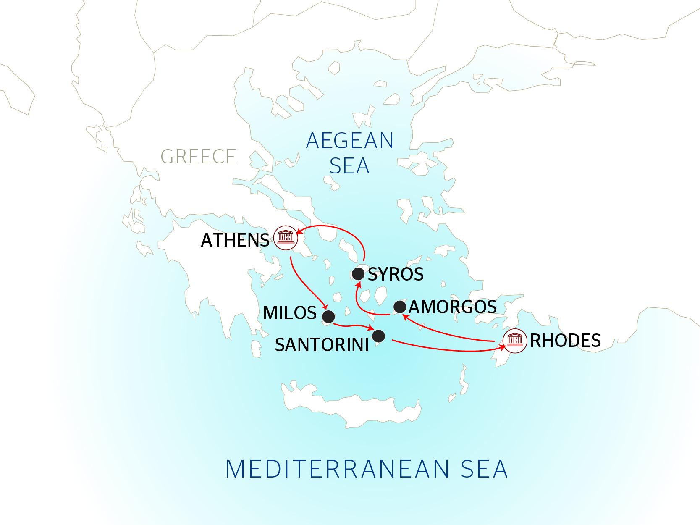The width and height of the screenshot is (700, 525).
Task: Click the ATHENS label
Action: (x=235, y=240)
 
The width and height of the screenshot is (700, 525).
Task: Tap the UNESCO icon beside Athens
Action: (x=286, y=238)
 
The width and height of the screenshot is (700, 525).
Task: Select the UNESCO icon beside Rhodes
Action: (x=515, y=341)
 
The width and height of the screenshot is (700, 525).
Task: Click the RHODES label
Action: (x=565, y=341)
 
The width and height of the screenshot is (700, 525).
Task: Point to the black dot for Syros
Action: (x=358, y=274)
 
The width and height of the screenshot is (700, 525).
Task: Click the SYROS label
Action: (x=396, y=274)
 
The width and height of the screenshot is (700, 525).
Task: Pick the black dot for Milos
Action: (x=328, y=316)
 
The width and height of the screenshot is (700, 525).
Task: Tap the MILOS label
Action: (x=290, y=313)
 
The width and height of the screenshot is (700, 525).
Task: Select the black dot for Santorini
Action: (x=378, y=336)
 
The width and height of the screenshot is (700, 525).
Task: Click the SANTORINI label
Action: (x=322, y=345)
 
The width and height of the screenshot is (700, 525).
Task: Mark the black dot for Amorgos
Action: (x=400, y=307)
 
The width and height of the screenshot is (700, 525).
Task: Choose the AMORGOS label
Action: (x=453, y=307)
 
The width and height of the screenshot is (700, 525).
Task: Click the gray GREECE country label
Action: (x=198, y=157)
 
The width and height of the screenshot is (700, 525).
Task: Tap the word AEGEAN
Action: (x=350, y=141)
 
